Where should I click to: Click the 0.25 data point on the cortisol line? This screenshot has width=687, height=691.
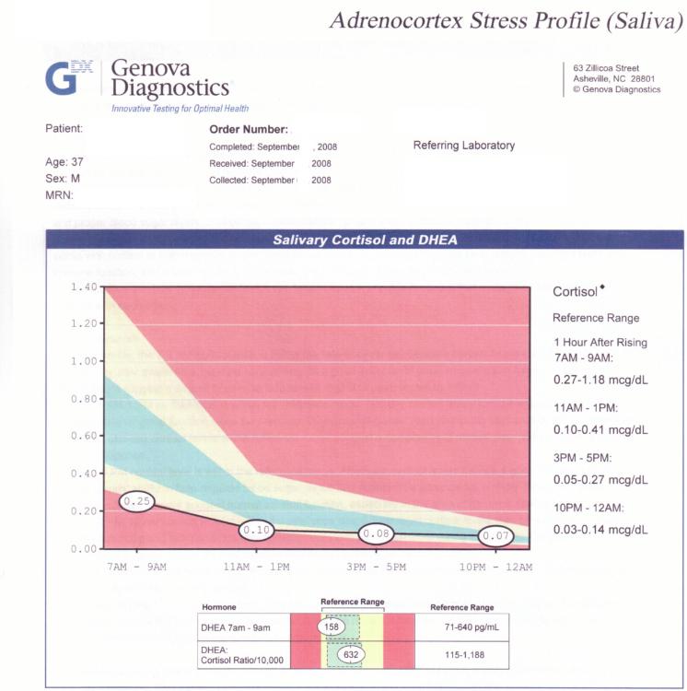[136, 501]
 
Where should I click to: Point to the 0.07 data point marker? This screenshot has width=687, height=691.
[498, 535]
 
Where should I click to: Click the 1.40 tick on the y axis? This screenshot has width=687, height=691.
[84, 287]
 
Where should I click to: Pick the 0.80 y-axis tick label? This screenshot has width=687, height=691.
[84, 399]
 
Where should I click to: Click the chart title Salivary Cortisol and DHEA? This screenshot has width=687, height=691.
[365, 240]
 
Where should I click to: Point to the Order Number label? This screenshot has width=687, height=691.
[250, 130]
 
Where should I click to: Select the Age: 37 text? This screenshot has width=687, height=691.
[64, 161]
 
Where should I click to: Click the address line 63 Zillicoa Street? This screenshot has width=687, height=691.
[606, 68]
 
